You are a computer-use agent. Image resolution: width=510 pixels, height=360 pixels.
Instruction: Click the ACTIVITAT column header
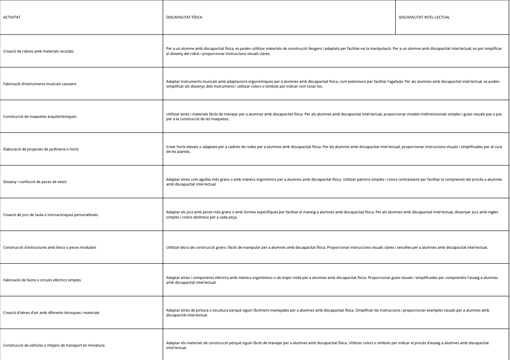click(x=12, y=17)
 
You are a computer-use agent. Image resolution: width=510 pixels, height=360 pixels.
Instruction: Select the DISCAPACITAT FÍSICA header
click(x=184, y=17)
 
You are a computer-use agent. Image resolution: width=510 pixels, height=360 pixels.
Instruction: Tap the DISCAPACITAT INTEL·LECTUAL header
click(x=424, y=17)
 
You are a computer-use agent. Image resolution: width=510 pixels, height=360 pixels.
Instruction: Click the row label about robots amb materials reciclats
click(x=38, y=51)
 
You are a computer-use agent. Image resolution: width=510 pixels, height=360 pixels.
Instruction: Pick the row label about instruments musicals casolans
click(x=40, y=84)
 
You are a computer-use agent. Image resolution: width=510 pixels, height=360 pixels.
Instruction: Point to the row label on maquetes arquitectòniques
click(x=40, y=116)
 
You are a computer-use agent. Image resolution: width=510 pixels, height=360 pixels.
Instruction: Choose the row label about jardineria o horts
click(x=41, y=149)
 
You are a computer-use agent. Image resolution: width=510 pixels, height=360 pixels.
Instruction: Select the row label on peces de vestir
click(x=35, y=182)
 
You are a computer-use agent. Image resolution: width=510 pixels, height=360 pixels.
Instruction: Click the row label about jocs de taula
click(x=51, y=215)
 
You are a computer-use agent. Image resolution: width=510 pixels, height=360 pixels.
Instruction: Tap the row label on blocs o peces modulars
click(x=50, y=247)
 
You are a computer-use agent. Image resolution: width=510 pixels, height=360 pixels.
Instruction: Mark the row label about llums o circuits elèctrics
click(x=42, y=280)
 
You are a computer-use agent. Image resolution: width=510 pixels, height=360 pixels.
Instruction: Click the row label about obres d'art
click(x=51, y=313)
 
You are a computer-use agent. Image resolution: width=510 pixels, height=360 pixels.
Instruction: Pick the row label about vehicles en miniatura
click(x=54, y=345)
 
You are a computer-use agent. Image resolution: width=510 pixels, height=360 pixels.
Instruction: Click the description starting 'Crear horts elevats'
click(x=333, y=149)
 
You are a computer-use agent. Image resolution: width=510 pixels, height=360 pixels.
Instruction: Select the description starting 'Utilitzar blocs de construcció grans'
click(x=326, y=247)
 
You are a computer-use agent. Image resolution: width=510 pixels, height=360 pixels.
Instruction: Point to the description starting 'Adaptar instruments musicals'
click(x=333, y=84)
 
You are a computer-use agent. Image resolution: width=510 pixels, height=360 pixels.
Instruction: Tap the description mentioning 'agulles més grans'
click(x=333, y=182)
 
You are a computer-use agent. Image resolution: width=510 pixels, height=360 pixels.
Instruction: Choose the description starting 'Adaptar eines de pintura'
click(x=327, y=313)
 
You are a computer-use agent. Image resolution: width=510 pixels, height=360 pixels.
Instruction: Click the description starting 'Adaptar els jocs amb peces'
click(x=332, y=215)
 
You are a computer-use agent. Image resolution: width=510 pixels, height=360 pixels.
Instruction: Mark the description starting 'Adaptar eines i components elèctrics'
click(x=332, y=280)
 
